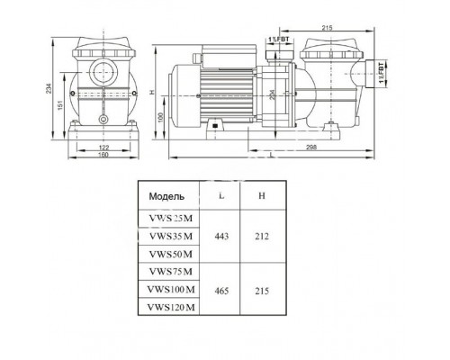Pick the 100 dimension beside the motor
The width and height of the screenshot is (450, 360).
click(159, 117)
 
